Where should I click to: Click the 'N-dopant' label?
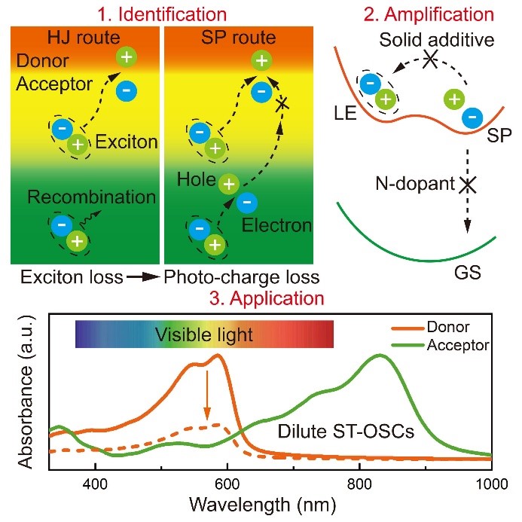click(418, 183)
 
